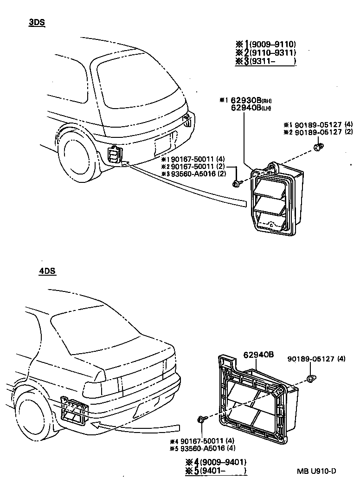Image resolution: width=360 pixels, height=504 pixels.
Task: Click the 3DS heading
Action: pyautogui.click(x=37, y=22)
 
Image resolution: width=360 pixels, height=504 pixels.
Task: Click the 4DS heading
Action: pyautogui.click(x=47, y=271)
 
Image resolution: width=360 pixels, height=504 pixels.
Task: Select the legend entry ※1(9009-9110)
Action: pyautogui.click(x=266, y=45)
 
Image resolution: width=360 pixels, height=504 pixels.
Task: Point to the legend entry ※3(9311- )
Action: pyautogui.click(x=266, y=61)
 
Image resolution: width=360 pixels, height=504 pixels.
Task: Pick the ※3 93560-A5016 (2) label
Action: pyautogui.click(x=193, y=174)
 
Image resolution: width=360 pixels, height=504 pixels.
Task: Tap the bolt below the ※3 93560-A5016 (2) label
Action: pyautogui.click(x=237, y=184)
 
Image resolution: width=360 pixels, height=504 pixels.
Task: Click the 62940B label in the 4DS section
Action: pyautogui.click(x=258, y=355)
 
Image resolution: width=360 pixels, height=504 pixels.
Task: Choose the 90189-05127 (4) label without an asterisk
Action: pyautogui.click(x=316, y=358)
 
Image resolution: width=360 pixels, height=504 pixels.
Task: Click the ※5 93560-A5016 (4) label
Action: pyautogui.click(x=202, y=448)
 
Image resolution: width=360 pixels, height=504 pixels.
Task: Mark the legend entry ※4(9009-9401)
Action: pyautogui.click(x=215, y=462)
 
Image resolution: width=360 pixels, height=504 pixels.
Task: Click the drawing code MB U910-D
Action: pyautogui.click(x=317, y=471)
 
